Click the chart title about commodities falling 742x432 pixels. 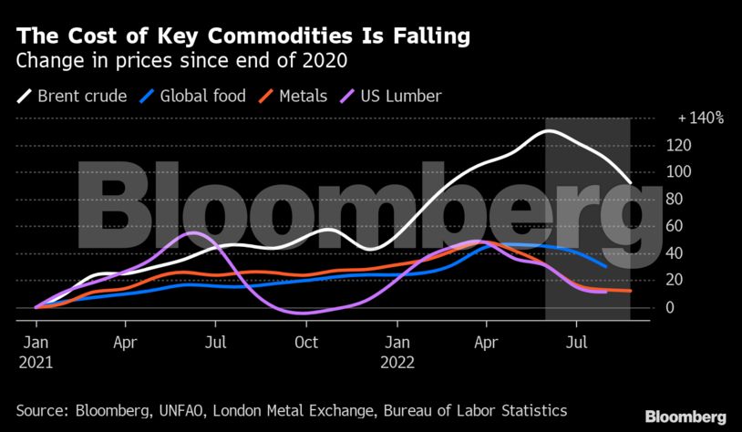coord(243,37)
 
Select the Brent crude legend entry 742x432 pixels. coord(72,95)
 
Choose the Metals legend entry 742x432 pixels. coord(294,95)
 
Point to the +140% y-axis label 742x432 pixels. coord(700,118)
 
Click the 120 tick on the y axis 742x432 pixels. coord(679,145)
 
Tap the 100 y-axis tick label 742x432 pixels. coord(679,172)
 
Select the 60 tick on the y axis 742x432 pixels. coord(675,226)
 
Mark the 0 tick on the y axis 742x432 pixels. coord(671,308)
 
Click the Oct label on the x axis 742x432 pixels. coord(306,344)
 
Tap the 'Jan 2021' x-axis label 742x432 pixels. coord(36,353)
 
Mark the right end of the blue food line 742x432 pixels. coord(606,266)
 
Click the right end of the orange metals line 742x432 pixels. coord(630,291)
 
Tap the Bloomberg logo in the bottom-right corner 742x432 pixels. coord(685,417)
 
